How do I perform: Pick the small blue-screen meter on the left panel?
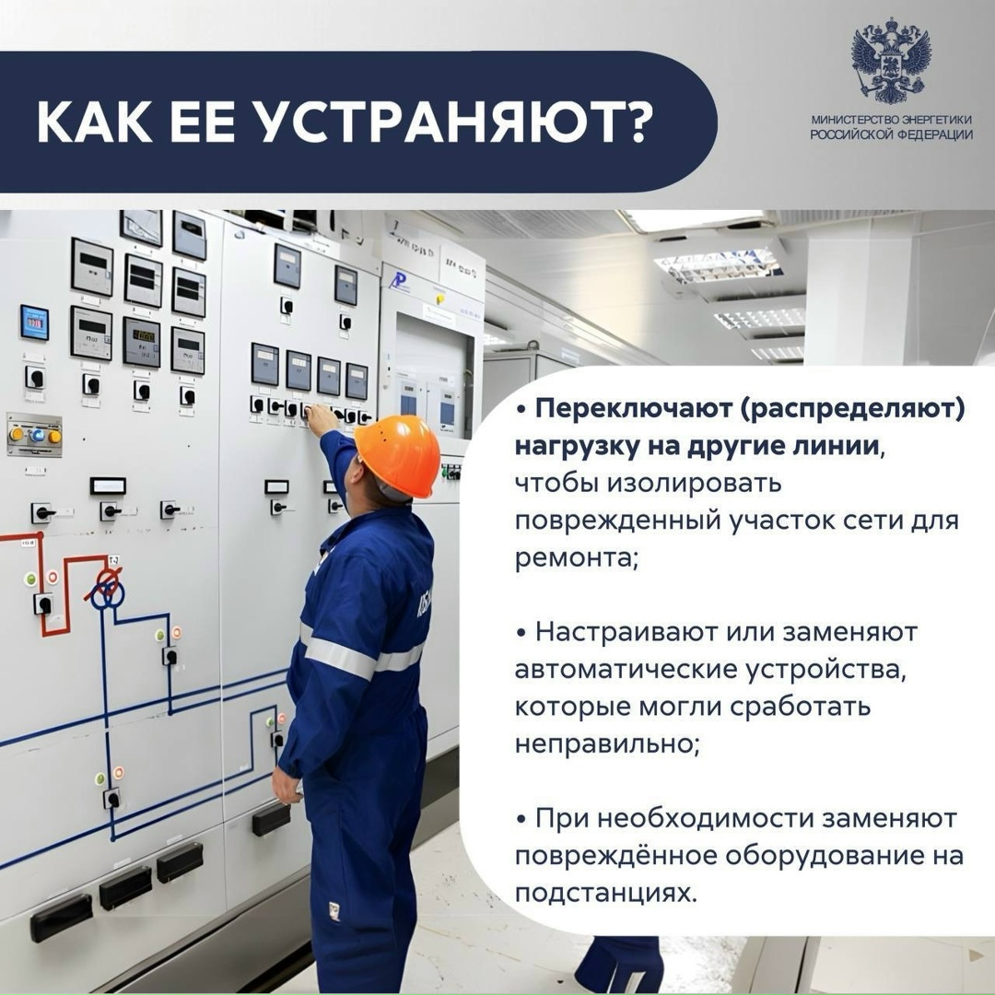pyautogui.click(x=34, y=322)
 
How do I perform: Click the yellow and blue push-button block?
pyautogui.click(x=34, y=434)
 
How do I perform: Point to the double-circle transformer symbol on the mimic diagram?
pyautogui.click(x=108, y=588)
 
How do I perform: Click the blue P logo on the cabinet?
pyautogui.click(x=399, y=281)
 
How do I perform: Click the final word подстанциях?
pyautogui.click(x=605, y=893)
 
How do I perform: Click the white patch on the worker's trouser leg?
pyautogui.click(x=334, y=910)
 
